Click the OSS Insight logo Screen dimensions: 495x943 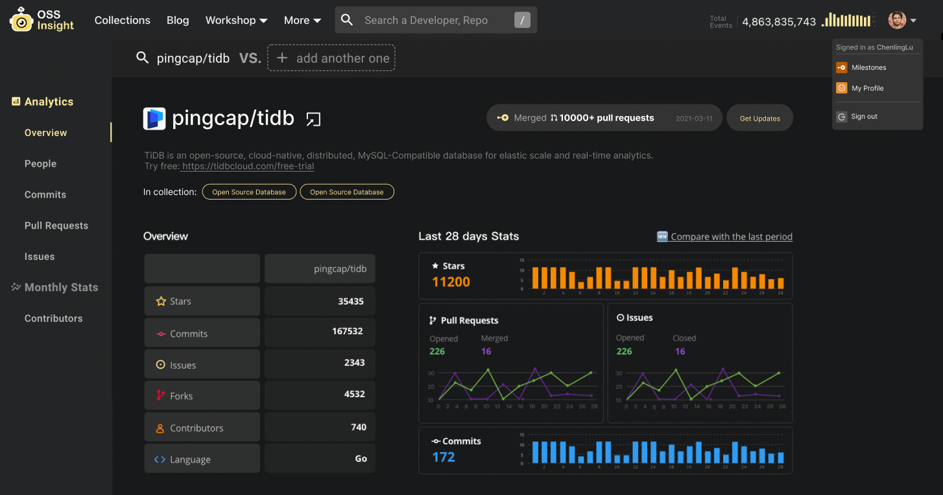point(42,20)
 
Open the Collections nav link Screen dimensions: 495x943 point(122,20)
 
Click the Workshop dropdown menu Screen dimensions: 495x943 point(236,20)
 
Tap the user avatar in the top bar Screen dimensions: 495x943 point(897,20)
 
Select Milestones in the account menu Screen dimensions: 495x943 point(868,67)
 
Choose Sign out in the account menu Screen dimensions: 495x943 point(864,117)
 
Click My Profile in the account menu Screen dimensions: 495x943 point(867,88)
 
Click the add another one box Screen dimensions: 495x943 point(331,58)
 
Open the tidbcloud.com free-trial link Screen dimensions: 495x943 point(248,167)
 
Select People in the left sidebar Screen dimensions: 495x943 point(40,164)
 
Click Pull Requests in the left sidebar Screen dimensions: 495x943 point(56,225)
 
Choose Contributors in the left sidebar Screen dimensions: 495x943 point(53,319)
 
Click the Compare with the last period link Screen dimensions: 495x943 point(731,236)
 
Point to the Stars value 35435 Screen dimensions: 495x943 point(350,301)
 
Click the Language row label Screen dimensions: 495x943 point(190,459)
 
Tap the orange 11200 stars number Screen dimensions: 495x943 point(451,282)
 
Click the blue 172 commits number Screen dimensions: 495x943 point(444,457)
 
